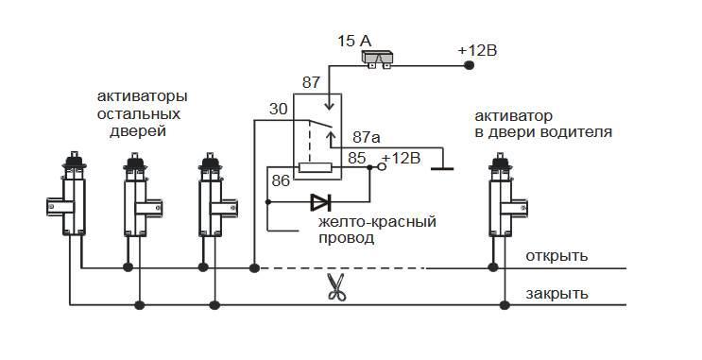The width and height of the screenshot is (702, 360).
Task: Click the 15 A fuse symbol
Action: (x=380, y=60)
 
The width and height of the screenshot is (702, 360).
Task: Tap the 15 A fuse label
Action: (x=355, y=41)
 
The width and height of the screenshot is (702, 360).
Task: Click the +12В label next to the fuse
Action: (x=476, y=49)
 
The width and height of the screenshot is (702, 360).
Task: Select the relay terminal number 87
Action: (x=311, y=83)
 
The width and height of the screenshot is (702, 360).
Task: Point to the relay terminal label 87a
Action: (x=368, y=137)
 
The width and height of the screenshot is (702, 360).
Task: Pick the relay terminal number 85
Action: (x=357, y=158)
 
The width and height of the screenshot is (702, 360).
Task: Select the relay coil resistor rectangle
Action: (x=314, y=168)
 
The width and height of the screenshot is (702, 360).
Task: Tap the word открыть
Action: (x=557, y=256)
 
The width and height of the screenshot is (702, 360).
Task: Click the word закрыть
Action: (x=557, y=293)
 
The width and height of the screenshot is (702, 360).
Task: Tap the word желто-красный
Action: (x=377, y=221)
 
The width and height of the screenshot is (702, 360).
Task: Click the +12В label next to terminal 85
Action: (x=401, y=158)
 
